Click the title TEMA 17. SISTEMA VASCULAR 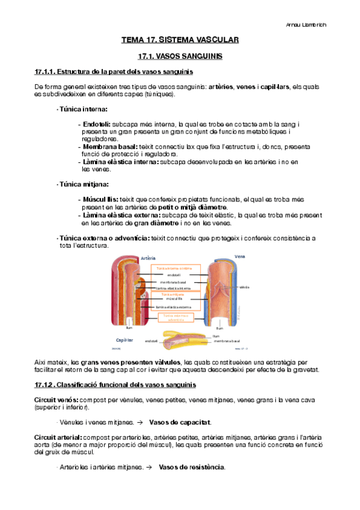pyautogui.click(x=180, y=40)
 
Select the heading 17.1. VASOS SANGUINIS pyautogui.click(x=180, y=56)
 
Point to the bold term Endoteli pyautogui.click(x=96, y=124)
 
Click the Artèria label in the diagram pyautogui.click(x=147, y=257)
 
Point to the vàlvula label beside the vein pyautogui.click(x=244, y=287)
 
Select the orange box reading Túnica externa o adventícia pyautogui.click(x=175, y=318)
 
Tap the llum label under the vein pyautogui.click(x=219, y=328)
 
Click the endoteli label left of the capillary pyautogui.click(x=151, y=341)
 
